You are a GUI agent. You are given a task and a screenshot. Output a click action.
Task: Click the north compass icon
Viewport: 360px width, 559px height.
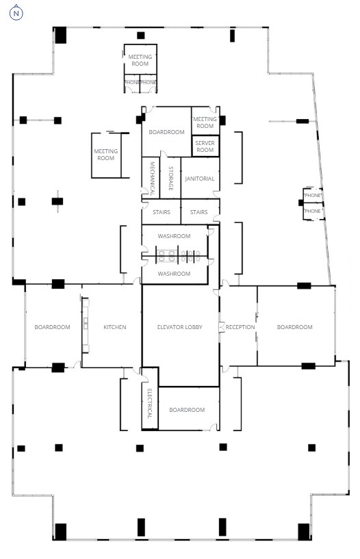pos(16,13)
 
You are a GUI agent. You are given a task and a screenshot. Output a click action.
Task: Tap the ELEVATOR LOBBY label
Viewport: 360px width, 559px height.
pos(181,327)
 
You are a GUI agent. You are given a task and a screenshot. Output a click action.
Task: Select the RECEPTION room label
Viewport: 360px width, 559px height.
pos(240,327)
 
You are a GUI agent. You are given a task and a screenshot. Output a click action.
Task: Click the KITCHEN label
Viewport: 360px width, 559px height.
pos(115,327)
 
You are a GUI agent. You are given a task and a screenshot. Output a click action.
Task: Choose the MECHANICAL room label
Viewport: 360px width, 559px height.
pos(152,179)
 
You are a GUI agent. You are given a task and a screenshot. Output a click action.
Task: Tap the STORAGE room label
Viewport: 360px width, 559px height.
pos(170,179)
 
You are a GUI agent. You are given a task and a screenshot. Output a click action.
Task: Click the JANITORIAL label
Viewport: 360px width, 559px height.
pos(200,179)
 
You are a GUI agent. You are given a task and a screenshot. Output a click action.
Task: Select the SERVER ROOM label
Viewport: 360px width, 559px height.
pos(205,146)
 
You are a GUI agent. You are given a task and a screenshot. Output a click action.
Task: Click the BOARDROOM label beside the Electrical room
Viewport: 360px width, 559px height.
pos(187,410)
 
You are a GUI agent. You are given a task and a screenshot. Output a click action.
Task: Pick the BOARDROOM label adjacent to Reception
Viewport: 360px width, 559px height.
pos(294,327)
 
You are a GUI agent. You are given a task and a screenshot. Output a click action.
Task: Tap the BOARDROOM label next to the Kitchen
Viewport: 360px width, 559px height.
pos(53,327)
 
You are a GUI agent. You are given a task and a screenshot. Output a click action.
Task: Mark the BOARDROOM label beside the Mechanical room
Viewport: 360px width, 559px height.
pos(166,132)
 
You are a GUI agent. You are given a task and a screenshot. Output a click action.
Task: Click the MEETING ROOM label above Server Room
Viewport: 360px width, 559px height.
pos(205,122)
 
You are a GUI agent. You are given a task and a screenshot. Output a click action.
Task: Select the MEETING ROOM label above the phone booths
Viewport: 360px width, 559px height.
pos(140,60)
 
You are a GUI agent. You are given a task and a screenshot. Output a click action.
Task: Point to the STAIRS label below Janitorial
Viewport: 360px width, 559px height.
pos(199,212)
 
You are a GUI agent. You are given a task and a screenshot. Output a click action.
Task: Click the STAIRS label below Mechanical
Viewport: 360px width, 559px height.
pos(162,212)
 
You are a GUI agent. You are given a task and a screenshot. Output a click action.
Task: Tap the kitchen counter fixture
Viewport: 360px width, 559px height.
pos(86,324)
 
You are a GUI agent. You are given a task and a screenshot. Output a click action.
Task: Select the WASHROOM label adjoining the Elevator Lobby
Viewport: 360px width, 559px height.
pos(174,274)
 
